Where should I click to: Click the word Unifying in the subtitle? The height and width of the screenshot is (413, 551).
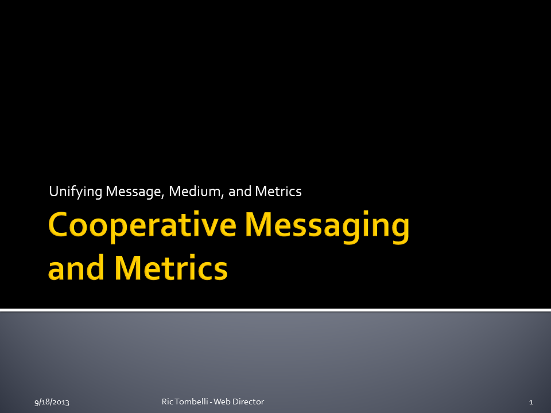pyautogui.click(x=76, y=192)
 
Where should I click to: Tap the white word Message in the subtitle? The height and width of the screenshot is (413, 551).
pyautogui.click(x=135, y=192)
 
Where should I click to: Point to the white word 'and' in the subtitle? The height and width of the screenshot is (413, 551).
pyautogui.click(x=240, y=192)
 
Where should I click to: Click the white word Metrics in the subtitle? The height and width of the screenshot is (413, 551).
pyautogui.click(x=278, y=192)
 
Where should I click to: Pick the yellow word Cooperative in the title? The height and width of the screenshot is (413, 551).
pyautogui.click(x=142, y=226)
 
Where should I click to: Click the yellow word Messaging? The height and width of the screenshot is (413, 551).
pyautogui.click(x=327, y=226)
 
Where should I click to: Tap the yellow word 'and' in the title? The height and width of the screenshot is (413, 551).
pyautogui.click(x=76, y=268)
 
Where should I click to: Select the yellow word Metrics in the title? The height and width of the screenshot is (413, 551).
pyautogui.click(x=171, y=268)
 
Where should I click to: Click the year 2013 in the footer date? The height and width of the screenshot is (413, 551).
pyautogui.click(x=61, y=402)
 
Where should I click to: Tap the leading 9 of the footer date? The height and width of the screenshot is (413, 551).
pyautogui.click(x=36, y=403)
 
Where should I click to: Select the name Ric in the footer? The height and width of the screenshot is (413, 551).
pyautogui.click(x=167, y=402)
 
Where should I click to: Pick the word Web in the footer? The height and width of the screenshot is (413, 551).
pyautogui.click(x=221, y=402)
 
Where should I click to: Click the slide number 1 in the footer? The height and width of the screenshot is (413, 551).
pyautogui.click(x=531, y=402)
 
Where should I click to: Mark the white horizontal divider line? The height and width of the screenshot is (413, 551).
pyautogui.click(x=275, y=310)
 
